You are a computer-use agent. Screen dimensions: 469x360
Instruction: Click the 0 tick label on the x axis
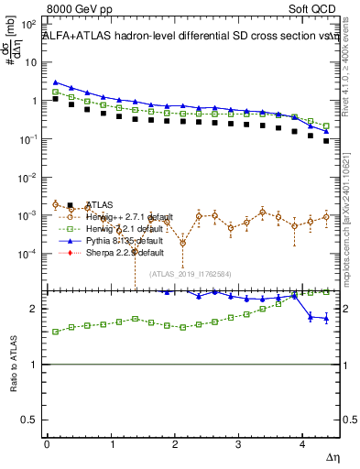point(47,444)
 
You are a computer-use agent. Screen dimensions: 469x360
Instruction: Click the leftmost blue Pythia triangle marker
point(56,82)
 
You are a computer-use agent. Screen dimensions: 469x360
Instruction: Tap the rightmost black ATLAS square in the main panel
point(326,141)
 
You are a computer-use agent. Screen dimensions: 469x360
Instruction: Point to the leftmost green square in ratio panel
point(56,332)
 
